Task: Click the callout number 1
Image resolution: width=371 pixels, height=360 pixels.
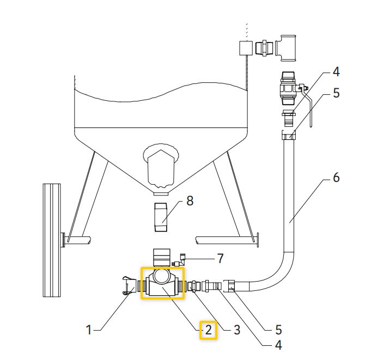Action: coord(89,330)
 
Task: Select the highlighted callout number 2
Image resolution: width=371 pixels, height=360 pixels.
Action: coord(208,330)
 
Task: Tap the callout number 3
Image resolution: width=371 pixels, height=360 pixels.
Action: coord(236,330)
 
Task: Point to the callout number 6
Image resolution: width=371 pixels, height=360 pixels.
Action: coord(336,178)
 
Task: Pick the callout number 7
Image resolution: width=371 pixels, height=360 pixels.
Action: coord(220,258)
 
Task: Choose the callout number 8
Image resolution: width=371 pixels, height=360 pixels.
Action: coord(189,201)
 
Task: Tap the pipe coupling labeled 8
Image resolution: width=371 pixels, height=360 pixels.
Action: coord(162,216)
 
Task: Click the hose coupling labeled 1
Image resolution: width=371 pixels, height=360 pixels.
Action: coord(127,285)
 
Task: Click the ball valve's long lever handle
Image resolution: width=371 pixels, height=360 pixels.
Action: coord(308,109)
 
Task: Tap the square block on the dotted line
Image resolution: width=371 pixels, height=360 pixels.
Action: coord(246,48)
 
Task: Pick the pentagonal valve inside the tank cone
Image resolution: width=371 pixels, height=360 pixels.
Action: coord(162,166)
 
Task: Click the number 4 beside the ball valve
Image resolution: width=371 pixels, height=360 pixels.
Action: coord(336,71)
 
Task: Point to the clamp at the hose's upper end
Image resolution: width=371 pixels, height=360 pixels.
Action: coord(289,135)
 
